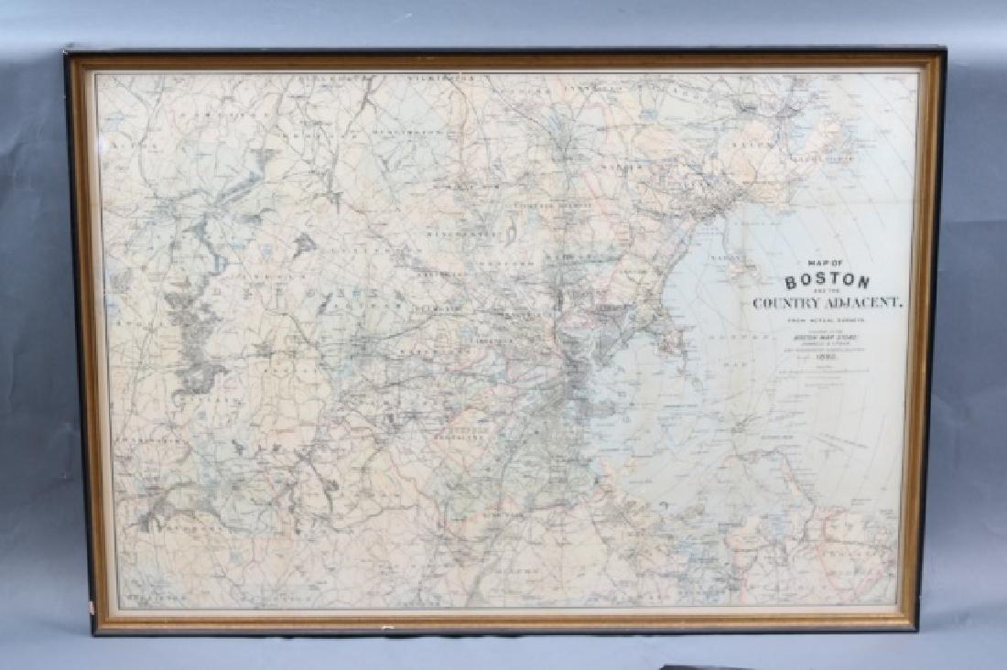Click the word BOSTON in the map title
point(827,281)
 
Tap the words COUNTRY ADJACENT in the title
point(827,302)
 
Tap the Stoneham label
point(546,206)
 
